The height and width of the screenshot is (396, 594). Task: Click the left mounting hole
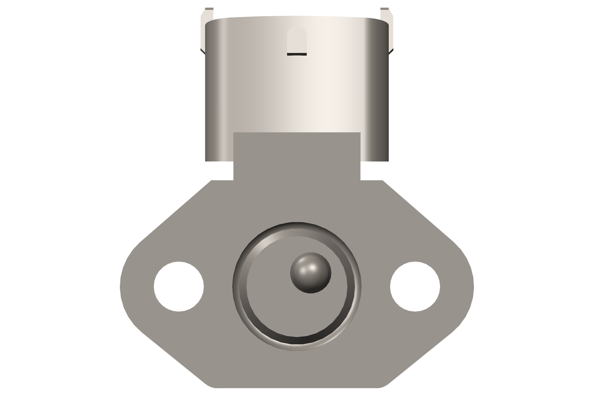tap(179, 287)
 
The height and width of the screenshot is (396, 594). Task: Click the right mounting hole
tap(415, 287)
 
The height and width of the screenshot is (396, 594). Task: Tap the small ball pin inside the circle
tap(311, 273)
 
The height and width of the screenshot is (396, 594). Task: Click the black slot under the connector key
tap(297, 54)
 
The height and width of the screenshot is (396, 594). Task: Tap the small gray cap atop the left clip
tap(209, 9)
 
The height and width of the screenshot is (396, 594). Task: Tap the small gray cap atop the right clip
tap(384, 9)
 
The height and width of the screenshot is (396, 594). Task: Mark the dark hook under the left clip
tap(203, 51)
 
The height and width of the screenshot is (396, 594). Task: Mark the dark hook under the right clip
tap(391, 51)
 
